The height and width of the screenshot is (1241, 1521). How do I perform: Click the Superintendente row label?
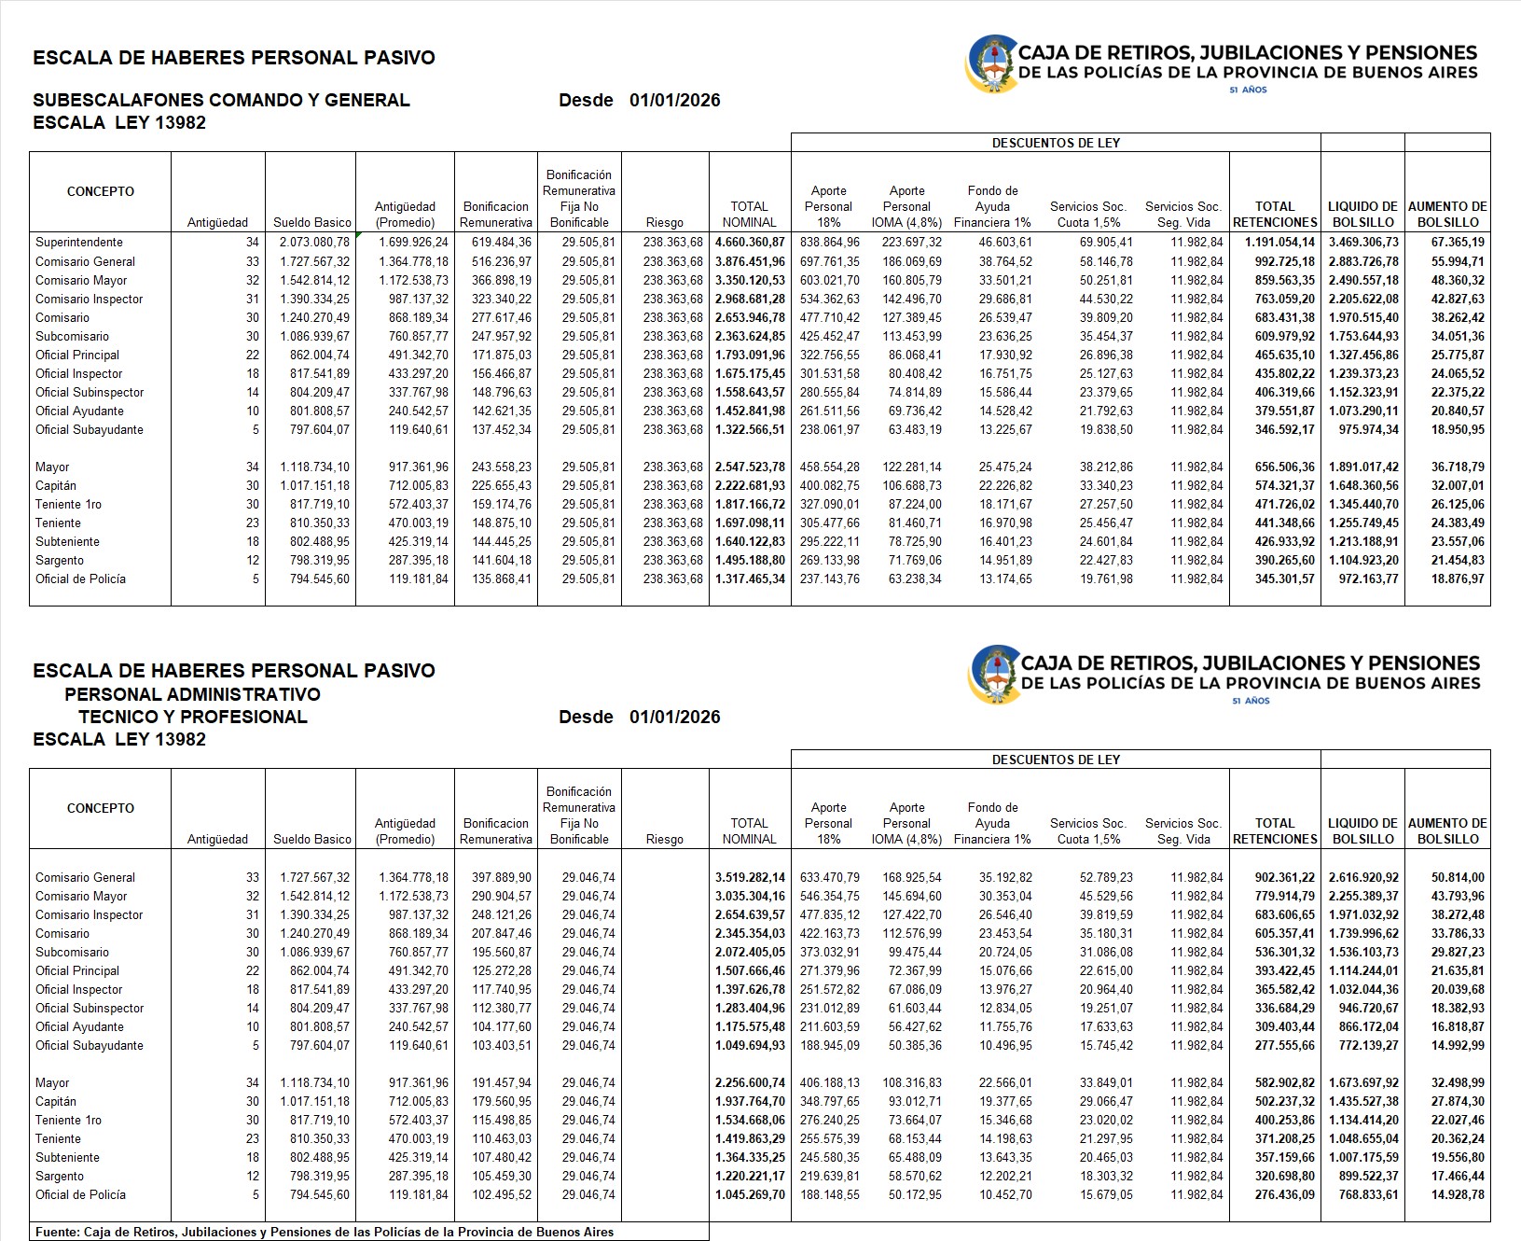[79, 243]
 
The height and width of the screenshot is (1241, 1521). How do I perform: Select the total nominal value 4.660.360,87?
[750, 243]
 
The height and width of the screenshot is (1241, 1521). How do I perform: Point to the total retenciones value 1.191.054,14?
[1273, 243]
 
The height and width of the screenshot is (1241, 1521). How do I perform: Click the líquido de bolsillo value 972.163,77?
[1363, 579]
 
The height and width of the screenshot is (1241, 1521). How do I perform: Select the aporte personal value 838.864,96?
[830, 243]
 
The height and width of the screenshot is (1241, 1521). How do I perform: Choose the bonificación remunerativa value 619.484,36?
[496, 243]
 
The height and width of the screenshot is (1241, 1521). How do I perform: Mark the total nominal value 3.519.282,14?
[750, 878]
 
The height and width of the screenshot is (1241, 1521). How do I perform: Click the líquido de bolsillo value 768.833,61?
[1363, 1195]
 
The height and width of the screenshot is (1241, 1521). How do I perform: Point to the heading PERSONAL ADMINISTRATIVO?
[192, 695]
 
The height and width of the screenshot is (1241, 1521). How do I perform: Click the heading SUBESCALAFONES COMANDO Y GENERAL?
[221, 101]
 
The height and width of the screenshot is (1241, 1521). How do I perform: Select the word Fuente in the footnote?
[57, 1233]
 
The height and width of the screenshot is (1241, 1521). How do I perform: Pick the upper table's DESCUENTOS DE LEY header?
[1056, 143]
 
